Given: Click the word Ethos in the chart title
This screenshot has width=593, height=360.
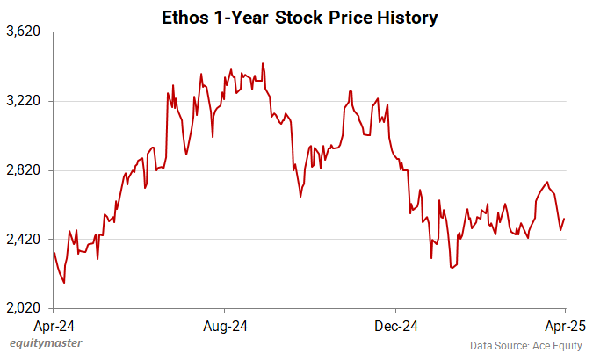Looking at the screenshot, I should click(186, 17).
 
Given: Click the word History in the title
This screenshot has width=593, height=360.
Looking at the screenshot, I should click(405, 17).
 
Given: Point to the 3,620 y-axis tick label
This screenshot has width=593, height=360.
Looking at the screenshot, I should click(24, 32).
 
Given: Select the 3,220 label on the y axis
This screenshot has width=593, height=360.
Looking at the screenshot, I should click(24, 101).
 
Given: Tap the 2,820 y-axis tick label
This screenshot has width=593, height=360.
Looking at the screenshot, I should click(24, 170).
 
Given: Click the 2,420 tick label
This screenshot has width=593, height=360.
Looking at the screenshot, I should click(24, 240).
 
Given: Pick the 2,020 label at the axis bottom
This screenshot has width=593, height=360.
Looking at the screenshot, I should click(24, 308).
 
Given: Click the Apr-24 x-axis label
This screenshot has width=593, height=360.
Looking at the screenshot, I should click(54, 326).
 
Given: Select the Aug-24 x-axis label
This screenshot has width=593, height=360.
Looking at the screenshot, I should click(225, 326).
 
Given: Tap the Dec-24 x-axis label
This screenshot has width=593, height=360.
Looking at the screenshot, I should click(395, 326).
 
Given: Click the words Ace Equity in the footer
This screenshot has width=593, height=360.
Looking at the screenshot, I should click(559, 346).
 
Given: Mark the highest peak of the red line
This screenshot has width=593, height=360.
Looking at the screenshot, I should click(263, 63).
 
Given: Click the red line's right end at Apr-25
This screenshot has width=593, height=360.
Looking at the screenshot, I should click(564, 219).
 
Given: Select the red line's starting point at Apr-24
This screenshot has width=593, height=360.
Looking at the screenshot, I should click(54, 253).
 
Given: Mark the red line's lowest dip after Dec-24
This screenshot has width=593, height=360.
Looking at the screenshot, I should click(452, 268).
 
